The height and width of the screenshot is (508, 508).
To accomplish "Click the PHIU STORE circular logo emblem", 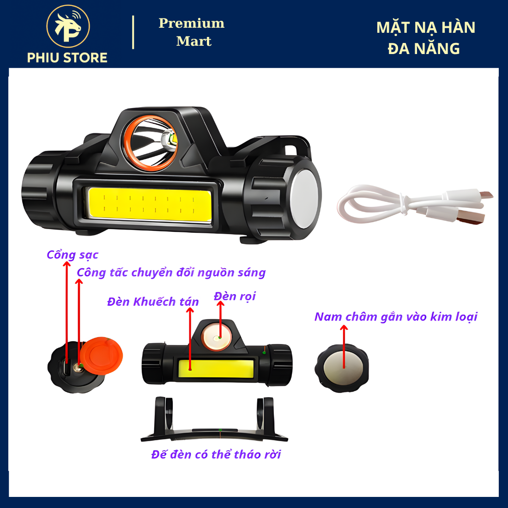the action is tap(68, 26).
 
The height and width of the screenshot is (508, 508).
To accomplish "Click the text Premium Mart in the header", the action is tap(192, 32).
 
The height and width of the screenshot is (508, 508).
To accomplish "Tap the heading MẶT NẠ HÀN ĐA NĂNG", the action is tap(425, 38).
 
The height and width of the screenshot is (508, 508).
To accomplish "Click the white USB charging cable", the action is tap(415, 205).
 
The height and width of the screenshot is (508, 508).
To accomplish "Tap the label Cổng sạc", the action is tap(72, 254).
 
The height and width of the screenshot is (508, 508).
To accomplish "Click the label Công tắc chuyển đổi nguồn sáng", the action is tap(171, 272).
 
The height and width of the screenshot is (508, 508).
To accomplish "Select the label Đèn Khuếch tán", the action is tap(153, 302).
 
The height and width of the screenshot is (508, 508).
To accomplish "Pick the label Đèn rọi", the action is tap(235, 296).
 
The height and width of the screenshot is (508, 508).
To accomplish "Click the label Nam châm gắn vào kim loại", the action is tap(396, 316).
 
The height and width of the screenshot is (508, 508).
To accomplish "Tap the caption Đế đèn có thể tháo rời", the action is tap(216, 454).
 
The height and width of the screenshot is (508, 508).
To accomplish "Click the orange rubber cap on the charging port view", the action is tap(102, 356).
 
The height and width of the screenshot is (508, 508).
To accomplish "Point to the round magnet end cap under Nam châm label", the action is tap(342, 368).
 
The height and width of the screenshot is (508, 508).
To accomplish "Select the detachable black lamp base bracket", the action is tap(214, 419).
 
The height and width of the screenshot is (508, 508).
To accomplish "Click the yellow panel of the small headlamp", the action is tap(216, 369).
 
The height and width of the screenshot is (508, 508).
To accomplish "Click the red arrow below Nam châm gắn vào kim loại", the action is tap(344, 346).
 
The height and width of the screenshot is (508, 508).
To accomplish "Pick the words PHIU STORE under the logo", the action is tap(67, 58).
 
